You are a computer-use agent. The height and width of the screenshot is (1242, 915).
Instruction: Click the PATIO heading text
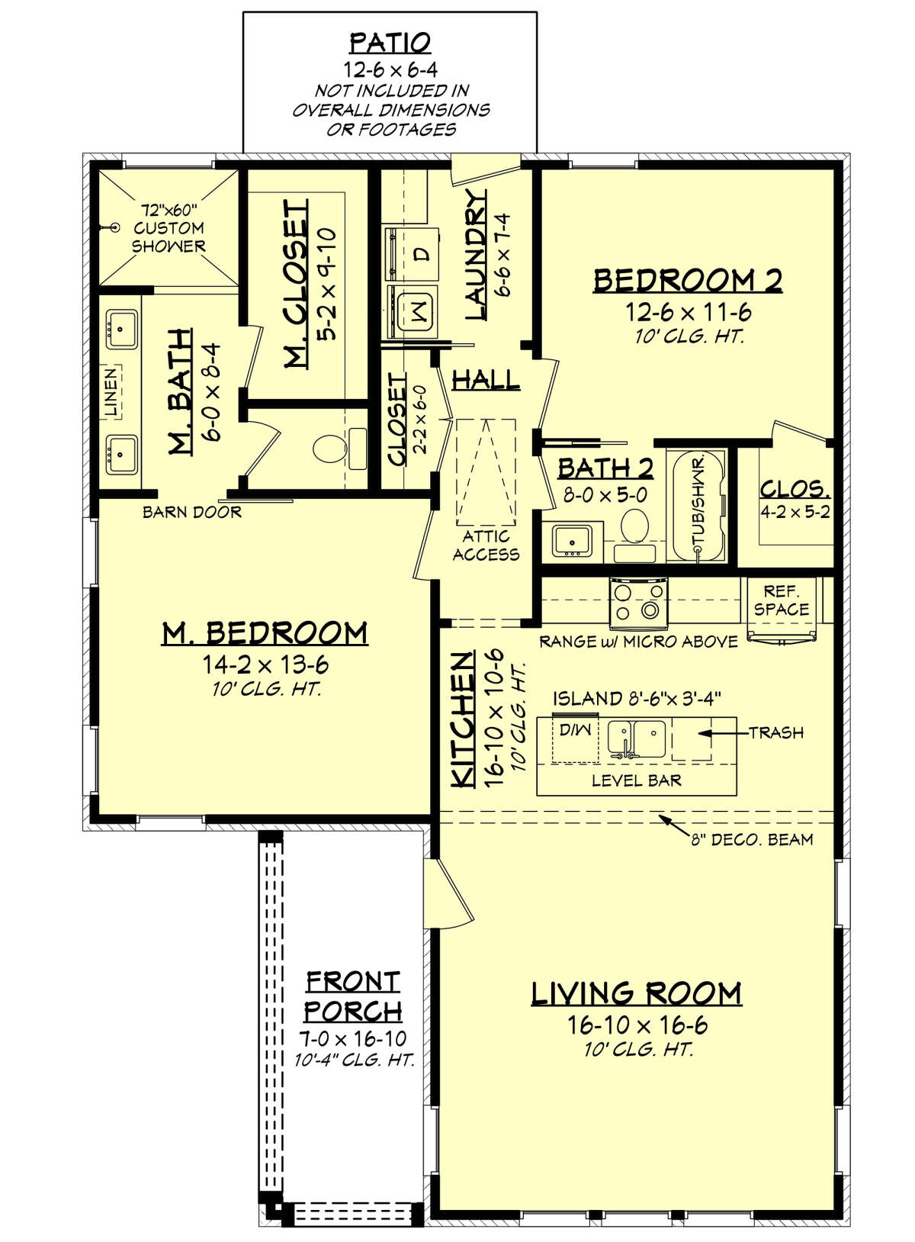390,42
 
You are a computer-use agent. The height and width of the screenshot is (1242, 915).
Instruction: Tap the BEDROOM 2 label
688,281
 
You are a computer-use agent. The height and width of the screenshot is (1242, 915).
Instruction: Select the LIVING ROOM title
636,993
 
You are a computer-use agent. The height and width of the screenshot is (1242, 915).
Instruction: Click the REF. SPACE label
781,600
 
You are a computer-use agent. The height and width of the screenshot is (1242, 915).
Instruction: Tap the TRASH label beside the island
775,732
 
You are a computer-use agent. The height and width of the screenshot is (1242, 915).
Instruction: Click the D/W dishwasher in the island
575,731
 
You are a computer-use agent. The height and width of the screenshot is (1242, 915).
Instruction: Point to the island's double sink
637,737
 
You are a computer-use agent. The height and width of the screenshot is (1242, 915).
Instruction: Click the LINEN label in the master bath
112,391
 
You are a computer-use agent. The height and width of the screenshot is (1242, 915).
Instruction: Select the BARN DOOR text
192,513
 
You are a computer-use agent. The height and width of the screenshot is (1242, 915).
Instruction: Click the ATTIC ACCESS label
486,545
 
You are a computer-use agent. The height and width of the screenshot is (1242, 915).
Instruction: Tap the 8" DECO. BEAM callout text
752,840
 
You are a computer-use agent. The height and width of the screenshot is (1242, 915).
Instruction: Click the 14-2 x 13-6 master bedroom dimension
265,664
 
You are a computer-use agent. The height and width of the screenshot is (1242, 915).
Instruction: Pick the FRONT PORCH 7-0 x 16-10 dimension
352,1038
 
